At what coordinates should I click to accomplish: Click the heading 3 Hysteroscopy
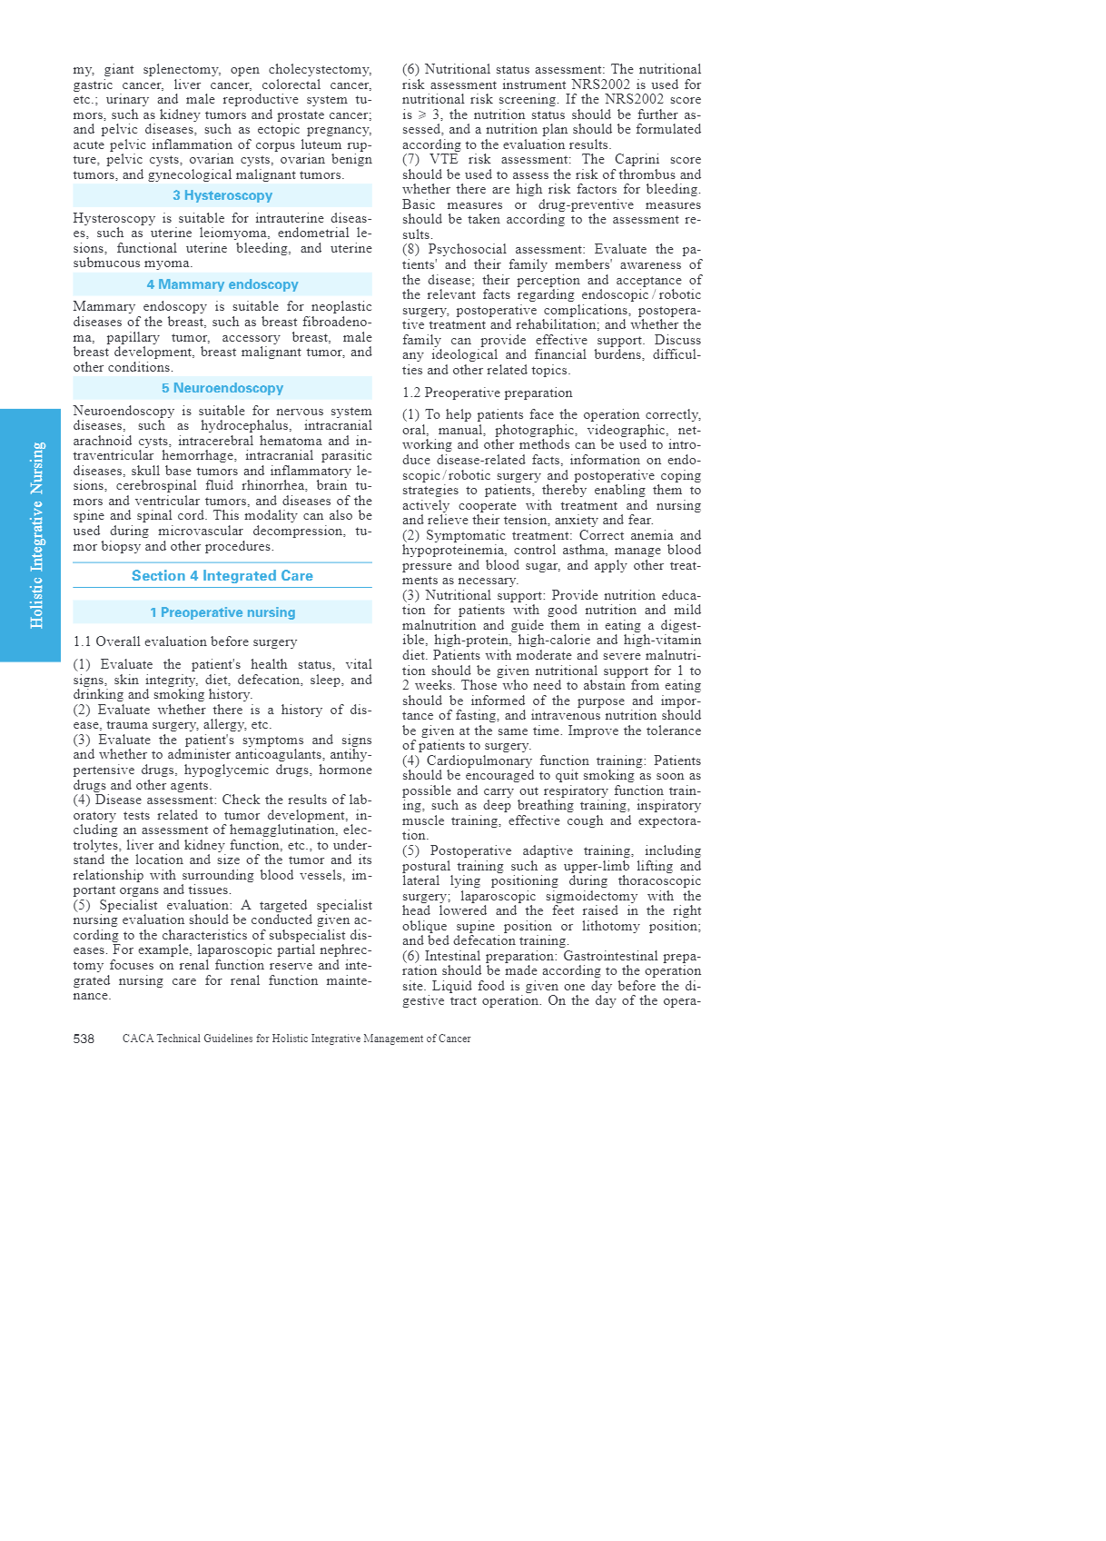(222, 195)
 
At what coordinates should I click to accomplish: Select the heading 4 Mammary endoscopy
(222, 284)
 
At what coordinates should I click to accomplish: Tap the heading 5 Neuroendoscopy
(222, 388)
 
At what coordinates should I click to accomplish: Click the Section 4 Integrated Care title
(222, 576)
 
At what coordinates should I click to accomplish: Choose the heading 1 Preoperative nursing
(222, 612)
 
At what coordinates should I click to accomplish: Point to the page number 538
(84, 1039)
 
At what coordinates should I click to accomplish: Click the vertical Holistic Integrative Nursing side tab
(36, 535)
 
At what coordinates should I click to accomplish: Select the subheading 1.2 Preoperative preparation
(487, 393)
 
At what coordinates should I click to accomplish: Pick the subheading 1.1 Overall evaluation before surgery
(185, 641)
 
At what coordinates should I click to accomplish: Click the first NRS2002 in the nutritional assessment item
(600, 85)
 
